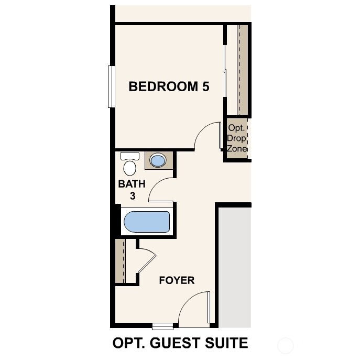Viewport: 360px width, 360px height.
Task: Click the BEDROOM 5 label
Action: click(x=169, y=86)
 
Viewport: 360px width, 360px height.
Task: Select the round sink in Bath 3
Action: click(x=158, y=160)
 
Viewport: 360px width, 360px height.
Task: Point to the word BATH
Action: click(x=132, y=184)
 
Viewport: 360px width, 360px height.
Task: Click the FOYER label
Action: click(x=177, y=281)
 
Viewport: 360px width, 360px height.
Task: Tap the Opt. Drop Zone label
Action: click(x=237, y=138)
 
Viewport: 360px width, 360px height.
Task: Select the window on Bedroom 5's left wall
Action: click(x=111, y=86)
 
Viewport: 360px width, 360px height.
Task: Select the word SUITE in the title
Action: click(x=226, y=343)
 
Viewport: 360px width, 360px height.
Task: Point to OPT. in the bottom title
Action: click(x=128, y=343)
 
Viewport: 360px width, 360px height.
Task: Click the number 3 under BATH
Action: click(x=133, y=197)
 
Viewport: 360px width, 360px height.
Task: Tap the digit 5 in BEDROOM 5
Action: click(x=205, y=86)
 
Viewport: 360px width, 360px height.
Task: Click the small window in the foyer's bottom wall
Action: click(x=162, y=327)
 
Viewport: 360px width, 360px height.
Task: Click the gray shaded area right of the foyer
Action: click(x=234, y=265)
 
